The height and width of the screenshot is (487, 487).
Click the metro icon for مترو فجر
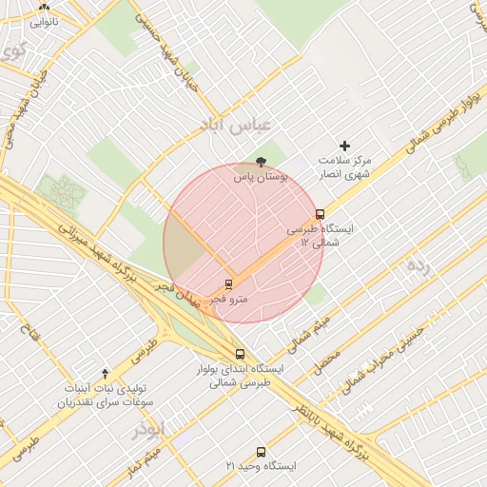click(228, 283)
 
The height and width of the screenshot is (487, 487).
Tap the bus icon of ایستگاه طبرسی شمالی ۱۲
click(320, 214)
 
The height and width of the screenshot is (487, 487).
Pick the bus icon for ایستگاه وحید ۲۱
click(261, 452)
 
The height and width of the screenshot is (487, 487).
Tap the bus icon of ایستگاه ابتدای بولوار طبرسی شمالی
click(239, 354)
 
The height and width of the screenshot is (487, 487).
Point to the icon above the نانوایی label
click(44, 6)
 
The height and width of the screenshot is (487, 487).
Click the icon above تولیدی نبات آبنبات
click(105, 373)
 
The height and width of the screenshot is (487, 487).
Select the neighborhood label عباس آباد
click(234, 125)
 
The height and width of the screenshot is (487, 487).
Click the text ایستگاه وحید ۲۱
click(261, 467)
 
